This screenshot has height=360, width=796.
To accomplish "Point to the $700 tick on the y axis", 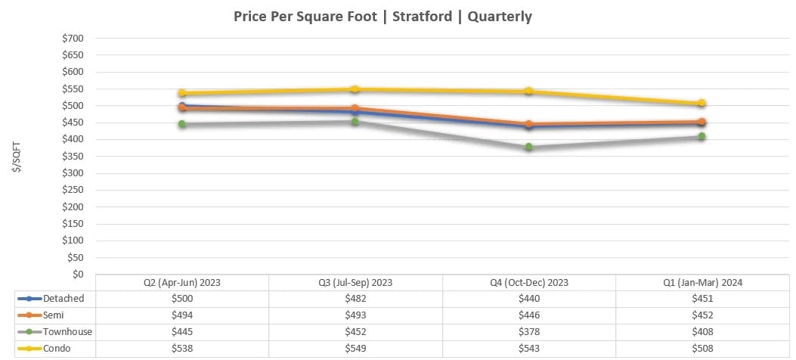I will pyautogui.click(x=73, y=39).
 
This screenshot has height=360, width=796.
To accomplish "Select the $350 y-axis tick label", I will pyautogui.click(x=73, y=157).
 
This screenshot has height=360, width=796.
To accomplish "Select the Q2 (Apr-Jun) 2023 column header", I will pyautogui.click(x=182, y=282).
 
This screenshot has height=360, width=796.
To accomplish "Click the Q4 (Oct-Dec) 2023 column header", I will pyautogui.click(x=528, y=282).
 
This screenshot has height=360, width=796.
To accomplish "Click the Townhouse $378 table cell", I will pyautogui.click(x=528, y=332).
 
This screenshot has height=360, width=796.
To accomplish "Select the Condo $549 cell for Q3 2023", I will pyautogui.click(x=355, y=349).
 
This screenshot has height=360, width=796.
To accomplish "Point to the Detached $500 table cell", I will pyautogui.click(x=182, y=299).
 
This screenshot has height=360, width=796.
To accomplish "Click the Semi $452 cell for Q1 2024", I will pyautogui.click(x=702, y=315).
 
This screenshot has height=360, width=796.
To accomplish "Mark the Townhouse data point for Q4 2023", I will pyautogui.click(x=528, y=147).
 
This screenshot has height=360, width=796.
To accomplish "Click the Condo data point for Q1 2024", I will pyautogui.click(x=702, y=103).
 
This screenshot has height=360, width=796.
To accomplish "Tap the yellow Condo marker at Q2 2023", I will pyautogui.click(x=182, y=93).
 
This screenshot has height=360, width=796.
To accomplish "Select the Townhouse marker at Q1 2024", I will pyautogui.click(x=702, y=136).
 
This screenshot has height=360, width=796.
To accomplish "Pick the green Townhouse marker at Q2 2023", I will pyautogui.click(x=182, y=124).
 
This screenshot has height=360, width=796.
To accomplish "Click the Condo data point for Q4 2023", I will pyautogui.click(x=528, y=91).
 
